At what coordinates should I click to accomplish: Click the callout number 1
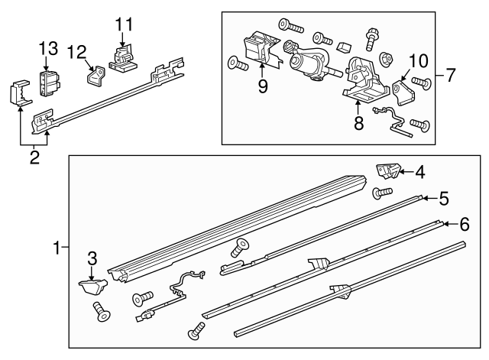56,248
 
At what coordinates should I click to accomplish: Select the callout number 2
34,159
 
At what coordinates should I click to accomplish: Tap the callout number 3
91,259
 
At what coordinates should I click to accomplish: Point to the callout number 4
420,172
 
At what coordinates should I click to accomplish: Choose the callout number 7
451,76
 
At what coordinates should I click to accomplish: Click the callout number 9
263,86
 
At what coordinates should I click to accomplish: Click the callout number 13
48,49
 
